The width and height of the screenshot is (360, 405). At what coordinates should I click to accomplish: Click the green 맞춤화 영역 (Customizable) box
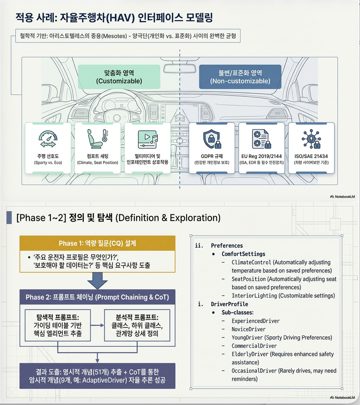119,77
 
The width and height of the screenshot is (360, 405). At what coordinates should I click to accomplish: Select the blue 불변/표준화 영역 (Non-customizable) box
240,77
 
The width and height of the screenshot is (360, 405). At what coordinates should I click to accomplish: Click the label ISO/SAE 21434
310,156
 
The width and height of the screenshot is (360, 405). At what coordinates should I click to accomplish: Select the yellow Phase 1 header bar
97,243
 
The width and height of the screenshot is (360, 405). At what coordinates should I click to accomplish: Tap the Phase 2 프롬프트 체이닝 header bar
97,297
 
